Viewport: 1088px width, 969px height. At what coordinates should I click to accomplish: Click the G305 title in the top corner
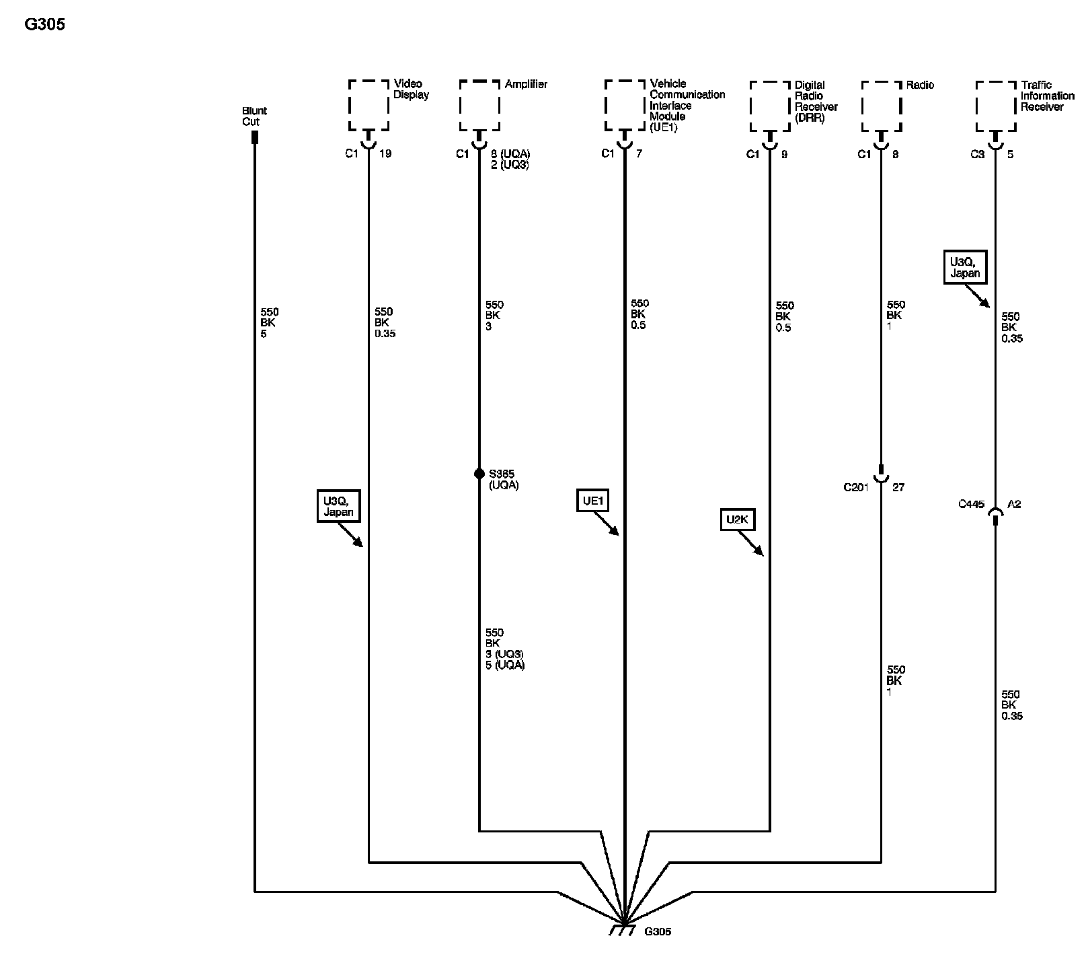[x=44, y=25]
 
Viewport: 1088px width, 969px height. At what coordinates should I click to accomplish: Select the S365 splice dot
[x=479, y=474]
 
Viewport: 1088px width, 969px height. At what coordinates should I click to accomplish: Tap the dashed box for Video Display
[x=368, y=105]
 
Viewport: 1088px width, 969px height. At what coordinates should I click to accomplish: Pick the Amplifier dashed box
[x=479, y=105]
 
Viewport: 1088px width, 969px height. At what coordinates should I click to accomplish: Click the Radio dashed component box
[x=881, y=106]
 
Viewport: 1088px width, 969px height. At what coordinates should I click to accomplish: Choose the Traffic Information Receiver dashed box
[x=995, y=106]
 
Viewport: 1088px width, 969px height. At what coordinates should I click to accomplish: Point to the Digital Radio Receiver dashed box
[x=770, y=106]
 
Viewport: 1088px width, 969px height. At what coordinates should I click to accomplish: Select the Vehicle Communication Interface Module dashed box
[x=625, y=105]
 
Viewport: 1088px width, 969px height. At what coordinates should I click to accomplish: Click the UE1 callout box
[x=594, y=501]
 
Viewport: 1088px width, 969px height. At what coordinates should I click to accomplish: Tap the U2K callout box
[x=738, y=520]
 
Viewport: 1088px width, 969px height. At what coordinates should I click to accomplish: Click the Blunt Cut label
[x=254, y=116]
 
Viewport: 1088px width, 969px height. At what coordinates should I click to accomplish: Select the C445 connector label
[x=971, y=504]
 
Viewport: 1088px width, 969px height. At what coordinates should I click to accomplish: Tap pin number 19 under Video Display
[x=385, y=153]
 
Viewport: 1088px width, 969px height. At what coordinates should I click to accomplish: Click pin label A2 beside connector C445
[x=1014, y=504]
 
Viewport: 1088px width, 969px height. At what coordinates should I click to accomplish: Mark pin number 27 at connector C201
[x=898, y=487]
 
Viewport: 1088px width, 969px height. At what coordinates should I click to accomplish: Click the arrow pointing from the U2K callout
[x=751, y=544]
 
